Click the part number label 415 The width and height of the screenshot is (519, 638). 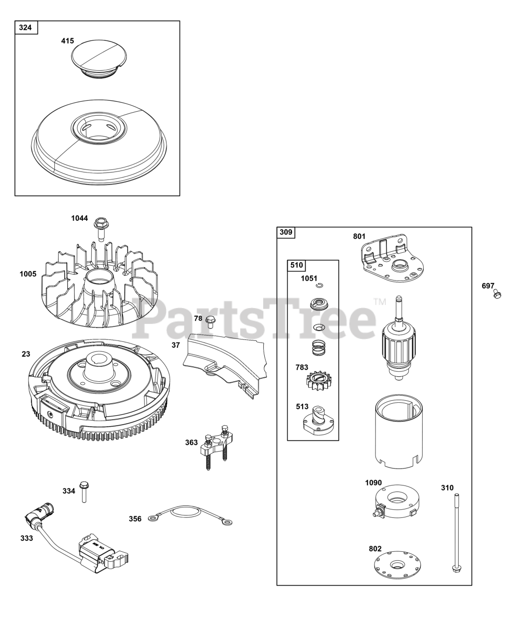pyautogui.click(x=67, y=41)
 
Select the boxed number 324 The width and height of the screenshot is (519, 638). pyautogui.click(x=25, y=27)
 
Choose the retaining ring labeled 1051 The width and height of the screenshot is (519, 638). pyautogui.click(x=320, y=286)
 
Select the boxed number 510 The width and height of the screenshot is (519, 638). pyautogui.click(x=297, y=265)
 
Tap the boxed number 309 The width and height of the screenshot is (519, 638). pyautogui.click(x=286, y=232)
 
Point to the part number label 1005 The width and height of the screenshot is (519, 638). pyautogui.click(x=28, y=274)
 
